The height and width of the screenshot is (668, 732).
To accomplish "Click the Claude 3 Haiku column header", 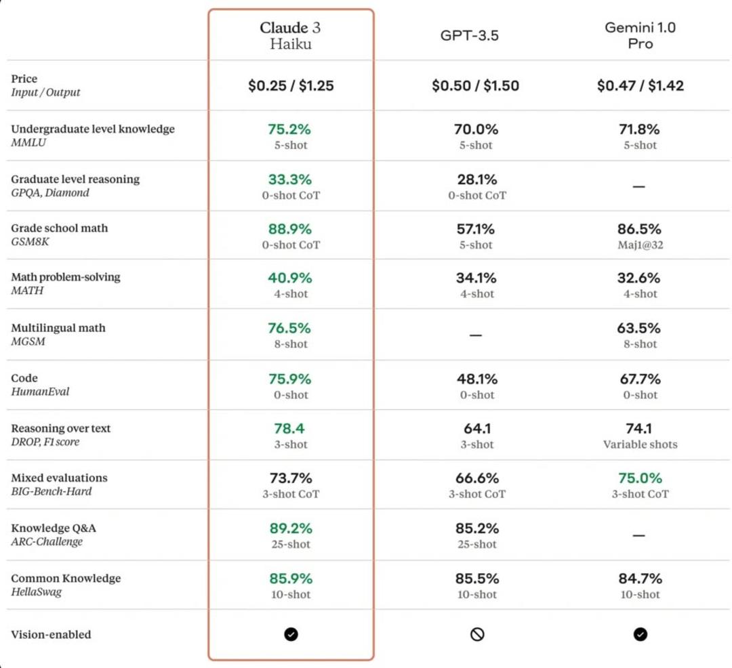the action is click(x=290, y=35).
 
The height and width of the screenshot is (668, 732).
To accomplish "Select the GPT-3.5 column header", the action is click(x=469, y=35).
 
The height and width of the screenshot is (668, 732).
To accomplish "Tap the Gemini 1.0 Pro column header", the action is click(x=640, y=35).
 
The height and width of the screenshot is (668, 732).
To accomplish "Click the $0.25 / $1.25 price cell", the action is click(x=291, y=86).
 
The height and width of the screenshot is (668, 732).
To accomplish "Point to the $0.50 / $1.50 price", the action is click(x=475, y=86).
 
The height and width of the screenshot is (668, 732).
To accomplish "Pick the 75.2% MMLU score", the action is click(x=289, y=129).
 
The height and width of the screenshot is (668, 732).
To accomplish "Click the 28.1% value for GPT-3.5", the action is click(x=476, y=180).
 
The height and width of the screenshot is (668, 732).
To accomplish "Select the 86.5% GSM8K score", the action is click(x=639, y=229).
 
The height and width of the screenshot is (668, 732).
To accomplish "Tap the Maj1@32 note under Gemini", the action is click(x=640, y=245).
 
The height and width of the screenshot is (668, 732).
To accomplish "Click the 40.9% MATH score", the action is click(x=290, y=278).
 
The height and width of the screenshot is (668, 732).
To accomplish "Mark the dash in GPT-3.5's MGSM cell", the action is click(x=476, y=335).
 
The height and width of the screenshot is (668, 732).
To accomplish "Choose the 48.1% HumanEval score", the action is click(x=476, y=379).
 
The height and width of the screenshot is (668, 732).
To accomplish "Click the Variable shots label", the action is click(x=640, y=444).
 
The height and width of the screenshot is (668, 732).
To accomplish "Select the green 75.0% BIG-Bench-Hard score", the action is click(x=640, y=478).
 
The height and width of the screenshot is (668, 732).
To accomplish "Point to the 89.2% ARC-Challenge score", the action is click(x=291, y=528).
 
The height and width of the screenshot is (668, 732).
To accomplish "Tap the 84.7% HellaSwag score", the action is click(x=640, y=579).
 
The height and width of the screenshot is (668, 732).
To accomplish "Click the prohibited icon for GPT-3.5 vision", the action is click(x=477, y=634).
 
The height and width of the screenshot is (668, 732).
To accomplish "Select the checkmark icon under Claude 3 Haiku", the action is click(x=291, y=634).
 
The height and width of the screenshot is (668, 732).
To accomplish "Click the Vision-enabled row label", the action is click(x=51, y=634).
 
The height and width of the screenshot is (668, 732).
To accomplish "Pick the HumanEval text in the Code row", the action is click(x=40, y=392).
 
